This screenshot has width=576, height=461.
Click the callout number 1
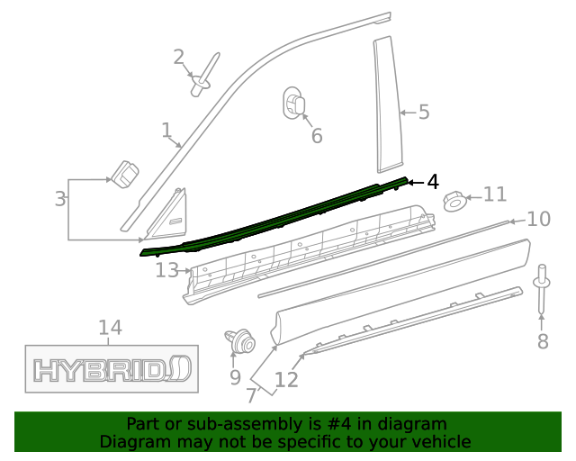[166, 131]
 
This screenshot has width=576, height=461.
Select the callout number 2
[179, 57]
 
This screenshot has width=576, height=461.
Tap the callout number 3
[59, 199]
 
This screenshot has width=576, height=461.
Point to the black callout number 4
[433, 182]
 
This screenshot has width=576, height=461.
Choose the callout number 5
[423, 113]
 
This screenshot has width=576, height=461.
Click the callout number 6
[316, 136]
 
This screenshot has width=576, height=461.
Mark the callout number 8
[542, 341]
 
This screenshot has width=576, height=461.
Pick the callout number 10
[538, 219]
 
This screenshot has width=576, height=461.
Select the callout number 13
[166, 269]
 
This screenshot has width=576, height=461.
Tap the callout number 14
[110, 328]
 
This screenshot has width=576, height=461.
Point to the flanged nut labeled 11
[456, 201]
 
